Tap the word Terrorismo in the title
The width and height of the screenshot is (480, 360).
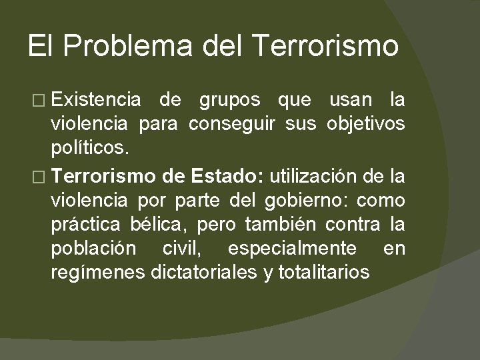click(x=327, y=47)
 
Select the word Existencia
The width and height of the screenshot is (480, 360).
click(x=96, y=101)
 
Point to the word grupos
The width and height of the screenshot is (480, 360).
click(x=230, y=101)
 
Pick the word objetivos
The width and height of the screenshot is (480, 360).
click(x=366, y=124)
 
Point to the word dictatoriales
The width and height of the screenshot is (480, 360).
click(x=206, y=271)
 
